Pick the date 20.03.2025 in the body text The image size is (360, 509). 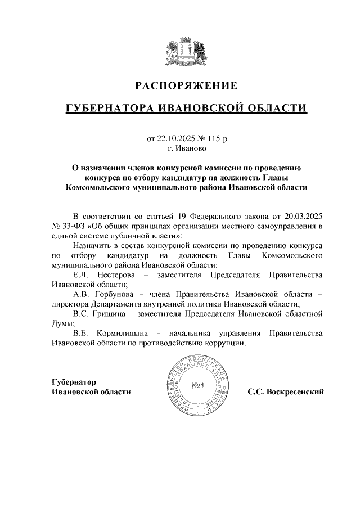[301, 215]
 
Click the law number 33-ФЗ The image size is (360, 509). [71, 226]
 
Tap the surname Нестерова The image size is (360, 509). [116, 274]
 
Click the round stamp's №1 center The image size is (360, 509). [196, 386]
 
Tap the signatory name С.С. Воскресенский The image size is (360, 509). [286, 391]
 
